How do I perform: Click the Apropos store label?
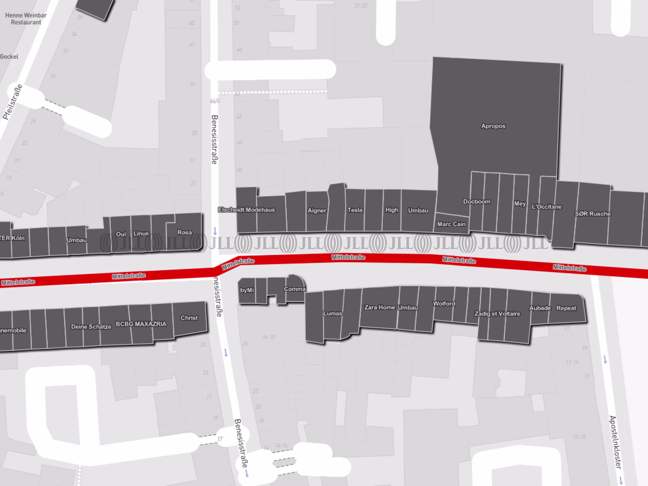click(493, 126)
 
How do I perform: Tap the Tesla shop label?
click(355, 210)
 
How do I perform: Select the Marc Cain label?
click(451, 224)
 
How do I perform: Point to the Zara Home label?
click(380, 307)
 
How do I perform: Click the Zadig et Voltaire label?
click(497, 314)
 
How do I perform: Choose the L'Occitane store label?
click(547, 207)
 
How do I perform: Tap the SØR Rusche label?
click(593, 214)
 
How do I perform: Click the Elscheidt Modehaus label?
click(246, 210)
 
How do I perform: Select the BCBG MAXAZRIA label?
click(141, 324)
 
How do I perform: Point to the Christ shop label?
click(189, 318)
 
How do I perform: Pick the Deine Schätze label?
click(91, 327)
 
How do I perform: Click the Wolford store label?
click(444, 303)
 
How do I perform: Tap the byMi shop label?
click(247, 290)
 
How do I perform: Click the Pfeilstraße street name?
click(12, 102)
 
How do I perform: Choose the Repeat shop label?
click(566, 308)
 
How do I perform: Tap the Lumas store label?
click(332, 314)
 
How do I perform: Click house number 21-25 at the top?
click(361, 6)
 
